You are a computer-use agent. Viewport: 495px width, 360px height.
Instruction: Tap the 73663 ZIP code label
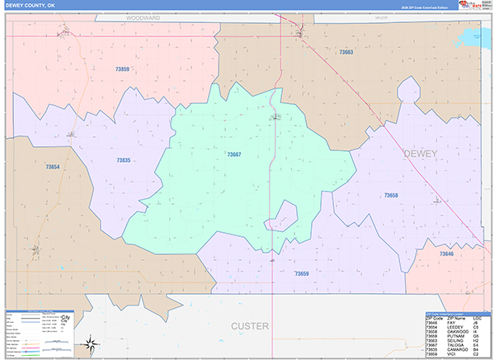346,52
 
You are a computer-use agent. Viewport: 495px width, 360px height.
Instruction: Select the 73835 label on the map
123,160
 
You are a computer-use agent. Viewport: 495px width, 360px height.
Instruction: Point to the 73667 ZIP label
233,154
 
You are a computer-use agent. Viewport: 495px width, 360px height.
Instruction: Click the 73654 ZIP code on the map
53,168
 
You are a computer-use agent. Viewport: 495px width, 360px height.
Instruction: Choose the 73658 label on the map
390,196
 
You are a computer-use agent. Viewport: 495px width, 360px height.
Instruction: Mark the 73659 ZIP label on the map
301,273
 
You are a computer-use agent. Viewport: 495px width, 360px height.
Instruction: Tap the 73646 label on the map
445,253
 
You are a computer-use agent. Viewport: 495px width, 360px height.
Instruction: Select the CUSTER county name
249,326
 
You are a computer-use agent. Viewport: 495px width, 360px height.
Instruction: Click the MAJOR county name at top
380,17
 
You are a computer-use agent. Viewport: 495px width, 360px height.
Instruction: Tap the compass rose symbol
88,340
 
